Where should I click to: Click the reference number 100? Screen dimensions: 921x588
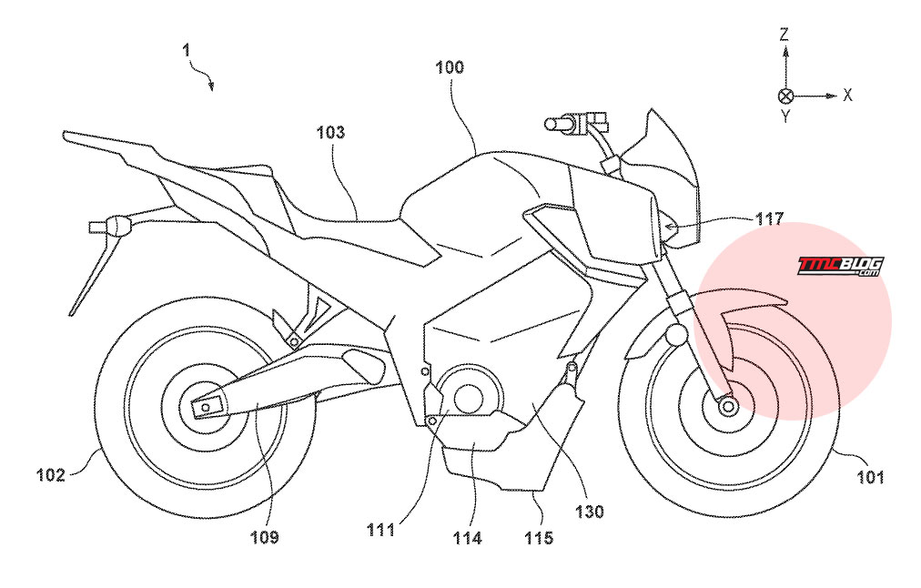click(x=450, y=67)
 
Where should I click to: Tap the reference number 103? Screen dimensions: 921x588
click(x=330, y=132)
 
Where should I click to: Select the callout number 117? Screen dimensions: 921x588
click(x=769, y=219)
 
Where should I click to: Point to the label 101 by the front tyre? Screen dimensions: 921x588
click(x=870, y=476)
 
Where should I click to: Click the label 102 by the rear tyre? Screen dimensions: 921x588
click(x=51, y=474)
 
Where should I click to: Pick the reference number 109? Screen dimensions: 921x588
click(x=264, y=537)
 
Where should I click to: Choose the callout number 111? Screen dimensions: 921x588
click(x=380, y=530)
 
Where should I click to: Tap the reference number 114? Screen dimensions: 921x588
click(x=467, y=537)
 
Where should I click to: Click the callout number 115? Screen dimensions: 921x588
click(x=539, y=537)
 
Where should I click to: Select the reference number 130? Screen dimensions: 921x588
click(x=589, y=512)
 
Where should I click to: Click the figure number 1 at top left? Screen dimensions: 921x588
click(x=187, y=51)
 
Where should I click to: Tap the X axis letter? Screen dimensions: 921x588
click(x=847, y=95)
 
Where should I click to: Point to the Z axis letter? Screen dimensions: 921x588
click(x=784, y=35)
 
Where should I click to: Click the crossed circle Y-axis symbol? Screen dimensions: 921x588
click(x=785, y=96)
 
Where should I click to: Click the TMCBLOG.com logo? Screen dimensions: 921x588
click(x=840, y=266)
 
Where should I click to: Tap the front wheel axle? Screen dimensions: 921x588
click(x=728, y=406)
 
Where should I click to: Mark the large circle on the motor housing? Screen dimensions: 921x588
click(x=469, y=395)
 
